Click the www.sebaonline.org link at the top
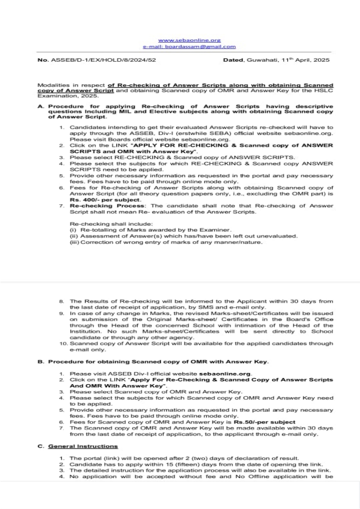(189, 40)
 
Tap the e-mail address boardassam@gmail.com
(189, 46)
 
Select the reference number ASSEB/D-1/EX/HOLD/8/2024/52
(103, 60)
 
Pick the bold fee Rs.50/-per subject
(264, 422)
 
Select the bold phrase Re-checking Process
(94, 206)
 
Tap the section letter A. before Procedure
(41, 106)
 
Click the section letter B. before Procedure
(41, 362)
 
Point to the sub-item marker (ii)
(73, 236)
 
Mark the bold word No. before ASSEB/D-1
(43, 60)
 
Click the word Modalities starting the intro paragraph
(51, 85)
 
